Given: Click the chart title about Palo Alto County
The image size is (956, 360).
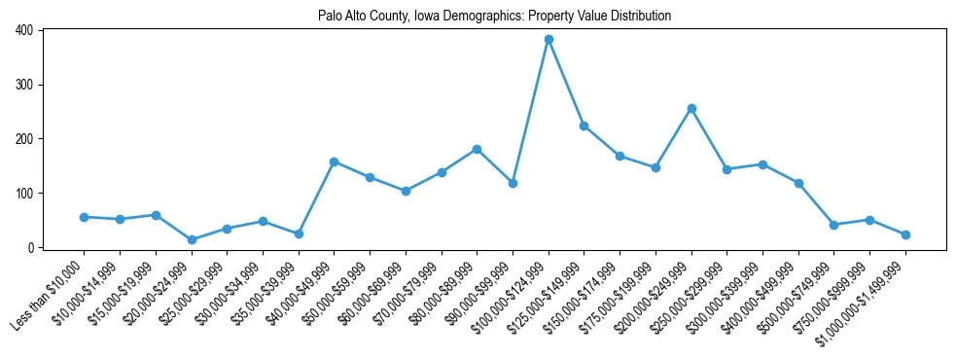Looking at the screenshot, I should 494,17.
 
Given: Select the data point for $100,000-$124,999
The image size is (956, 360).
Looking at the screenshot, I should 549,39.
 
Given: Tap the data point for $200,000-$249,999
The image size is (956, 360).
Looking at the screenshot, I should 691,108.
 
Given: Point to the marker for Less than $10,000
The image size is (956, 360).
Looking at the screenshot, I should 84,217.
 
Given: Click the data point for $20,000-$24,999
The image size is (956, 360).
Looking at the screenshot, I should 192,239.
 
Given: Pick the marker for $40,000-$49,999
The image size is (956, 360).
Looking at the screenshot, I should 334,162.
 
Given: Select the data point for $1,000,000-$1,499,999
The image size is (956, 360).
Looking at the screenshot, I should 905,234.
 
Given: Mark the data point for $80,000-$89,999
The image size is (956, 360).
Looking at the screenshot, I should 477,149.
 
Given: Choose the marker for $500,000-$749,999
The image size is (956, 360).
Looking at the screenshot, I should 833,225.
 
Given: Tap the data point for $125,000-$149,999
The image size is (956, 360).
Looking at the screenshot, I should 584,126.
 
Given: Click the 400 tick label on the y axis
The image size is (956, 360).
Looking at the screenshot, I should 24,30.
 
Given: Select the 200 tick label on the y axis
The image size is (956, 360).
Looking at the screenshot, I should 24,139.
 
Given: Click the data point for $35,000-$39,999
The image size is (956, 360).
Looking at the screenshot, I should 299,234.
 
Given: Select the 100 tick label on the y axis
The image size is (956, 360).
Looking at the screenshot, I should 24,194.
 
